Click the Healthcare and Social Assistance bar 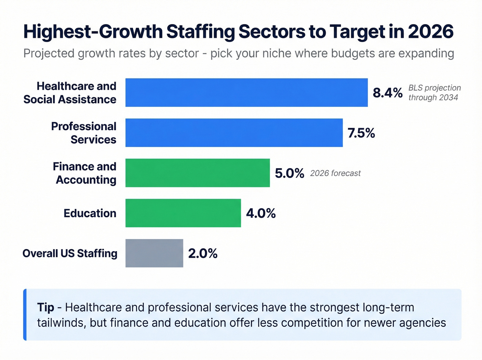pyautogui.click(x=247, y=93)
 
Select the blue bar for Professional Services pyautogui.click(x=234, y=133)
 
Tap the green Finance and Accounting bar pyautogui.click(x=198, y=173)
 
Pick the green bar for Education pyautogui.click(x=183, y=213)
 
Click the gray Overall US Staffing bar pyautogui.click(x=154, y=253)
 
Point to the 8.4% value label pyautogui.click(x=388, y=93)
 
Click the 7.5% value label pyautogui.click(x=361, y=133)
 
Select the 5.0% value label pyautogui.click(x=290, y=173)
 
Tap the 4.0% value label pyautogui.click(x=261, y=213)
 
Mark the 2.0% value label pyautogui.click(x=203, y=254)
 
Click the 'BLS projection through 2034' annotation pyautogui.click(x=434, y=93)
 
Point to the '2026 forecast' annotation pyautogui.click(x=335, y=173)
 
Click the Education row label pyautogui.click(x=90, y=213)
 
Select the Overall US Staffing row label pyautogui.click(x=70, y=254)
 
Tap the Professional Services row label pyautogui.click(x=84, y=133)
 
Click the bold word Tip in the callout pyautogui.click(x=45, y=307)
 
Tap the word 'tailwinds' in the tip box pyautogui.click(x=61, y=323)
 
